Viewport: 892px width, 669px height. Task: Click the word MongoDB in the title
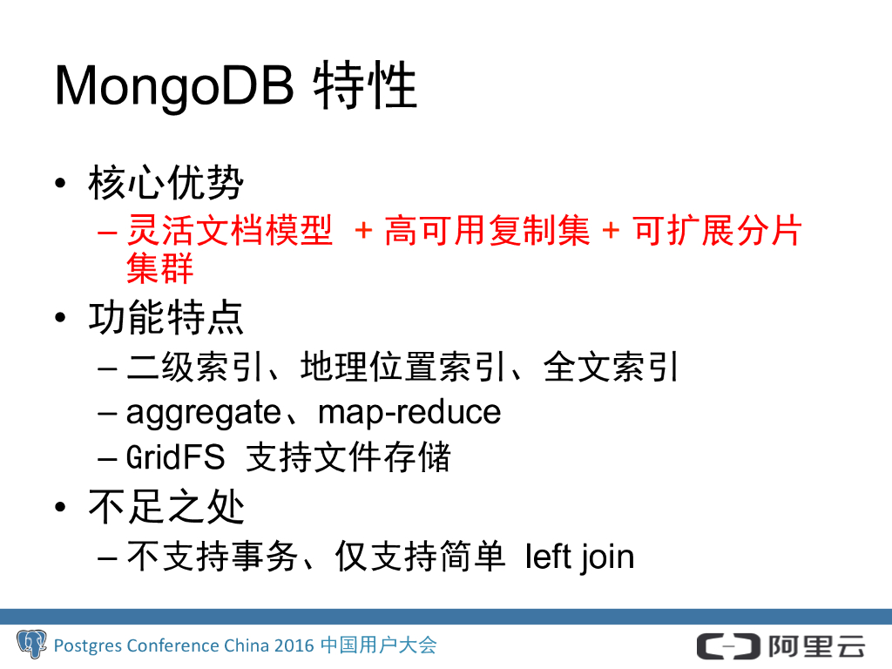[174, 86]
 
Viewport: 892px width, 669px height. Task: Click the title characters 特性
[365, 85]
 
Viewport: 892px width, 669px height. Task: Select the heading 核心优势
[166, 183]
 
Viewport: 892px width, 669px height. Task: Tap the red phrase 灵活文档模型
[230, 230]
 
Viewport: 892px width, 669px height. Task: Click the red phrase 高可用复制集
[488, 230]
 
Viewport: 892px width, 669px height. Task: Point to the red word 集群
[160, 268]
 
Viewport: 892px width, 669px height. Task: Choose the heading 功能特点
[166, 317]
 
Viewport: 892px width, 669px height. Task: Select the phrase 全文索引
[611, 367]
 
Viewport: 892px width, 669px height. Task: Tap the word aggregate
[204, 413]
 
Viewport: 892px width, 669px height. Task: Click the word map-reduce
[409, 412]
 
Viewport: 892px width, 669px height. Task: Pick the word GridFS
[176, 456]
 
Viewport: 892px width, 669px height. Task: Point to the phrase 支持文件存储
[348, 456]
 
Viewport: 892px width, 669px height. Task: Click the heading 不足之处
[166, 507]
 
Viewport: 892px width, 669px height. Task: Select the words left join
[579, 557]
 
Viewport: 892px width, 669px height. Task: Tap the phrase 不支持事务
[213, 556]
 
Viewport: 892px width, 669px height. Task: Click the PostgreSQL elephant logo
[32, 644]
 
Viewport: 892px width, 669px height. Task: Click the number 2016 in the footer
[294, 645]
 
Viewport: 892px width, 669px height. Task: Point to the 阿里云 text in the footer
[817, 646]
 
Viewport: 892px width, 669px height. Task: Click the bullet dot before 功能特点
[60, 317]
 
